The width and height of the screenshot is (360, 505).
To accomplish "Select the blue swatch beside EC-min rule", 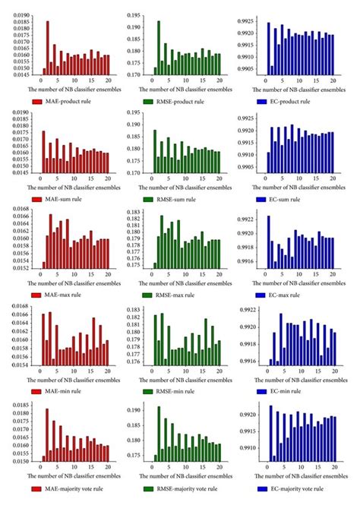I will point(265,391).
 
